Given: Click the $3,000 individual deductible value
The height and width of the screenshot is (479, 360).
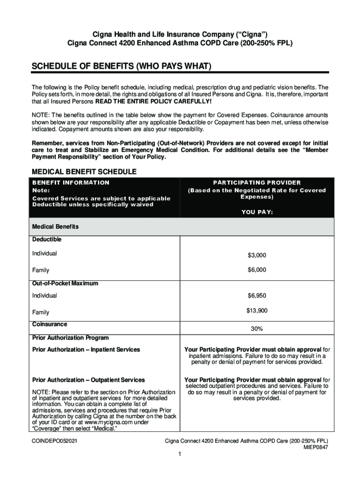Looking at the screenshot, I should (x=257, y=255).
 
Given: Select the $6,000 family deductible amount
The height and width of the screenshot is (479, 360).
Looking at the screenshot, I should (x=257, y=270).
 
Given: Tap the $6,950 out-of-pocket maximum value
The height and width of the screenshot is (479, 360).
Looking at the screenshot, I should (x=257, y=296).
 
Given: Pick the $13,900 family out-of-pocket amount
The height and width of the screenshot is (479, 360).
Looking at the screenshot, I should (x=257, y=310).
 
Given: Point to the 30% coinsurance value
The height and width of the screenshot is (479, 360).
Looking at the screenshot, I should (x=257, y=329).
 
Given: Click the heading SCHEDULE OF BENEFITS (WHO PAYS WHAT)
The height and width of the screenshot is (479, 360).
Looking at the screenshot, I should (x=122, y=67).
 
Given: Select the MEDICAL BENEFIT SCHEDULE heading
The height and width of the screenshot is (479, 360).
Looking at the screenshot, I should (x=84, y=172).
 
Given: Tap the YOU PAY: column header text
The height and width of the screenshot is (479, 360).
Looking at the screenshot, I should (x=257, y=212).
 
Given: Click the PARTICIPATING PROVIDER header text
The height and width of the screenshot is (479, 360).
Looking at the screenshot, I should (x=257, y=182).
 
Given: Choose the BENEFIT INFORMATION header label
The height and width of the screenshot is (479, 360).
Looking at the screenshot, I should (x=71, y=182).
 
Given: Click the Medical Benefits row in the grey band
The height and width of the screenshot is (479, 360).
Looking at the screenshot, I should (x=55, y=226).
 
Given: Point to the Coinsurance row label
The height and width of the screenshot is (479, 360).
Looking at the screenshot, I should (x=50, y=324).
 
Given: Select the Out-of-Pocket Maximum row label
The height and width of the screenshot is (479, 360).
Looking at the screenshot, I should (x=65, y=283).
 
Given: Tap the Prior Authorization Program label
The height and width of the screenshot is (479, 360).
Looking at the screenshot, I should (x=70, y=338).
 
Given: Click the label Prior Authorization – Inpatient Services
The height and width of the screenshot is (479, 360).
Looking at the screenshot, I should (x=86, y=349).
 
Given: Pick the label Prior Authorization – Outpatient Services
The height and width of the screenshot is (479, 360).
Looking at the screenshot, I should (x=88, y=380).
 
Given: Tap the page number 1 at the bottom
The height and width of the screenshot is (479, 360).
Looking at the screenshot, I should (x=180, y=454).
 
